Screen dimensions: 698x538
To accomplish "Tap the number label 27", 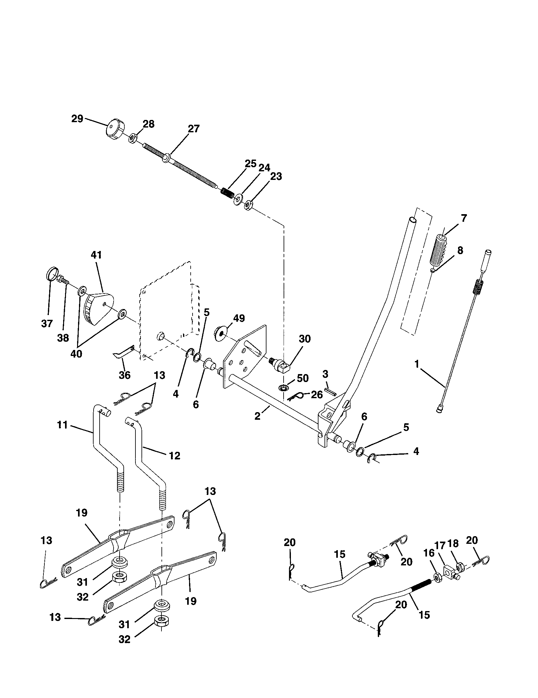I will (x=194, y=129).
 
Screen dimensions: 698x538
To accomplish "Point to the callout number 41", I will (x=96, y=255).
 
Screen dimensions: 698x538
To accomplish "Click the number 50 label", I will (x=303, y=379).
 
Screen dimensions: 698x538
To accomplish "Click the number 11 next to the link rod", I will (x=62, y=425).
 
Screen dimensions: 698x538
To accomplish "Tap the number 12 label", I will (x=174, y=456).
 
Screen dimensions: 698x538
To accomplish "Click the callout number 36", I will (x=124, y=375).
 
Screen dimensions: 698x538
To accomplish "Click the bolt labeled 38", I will (x=63, y=281).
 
